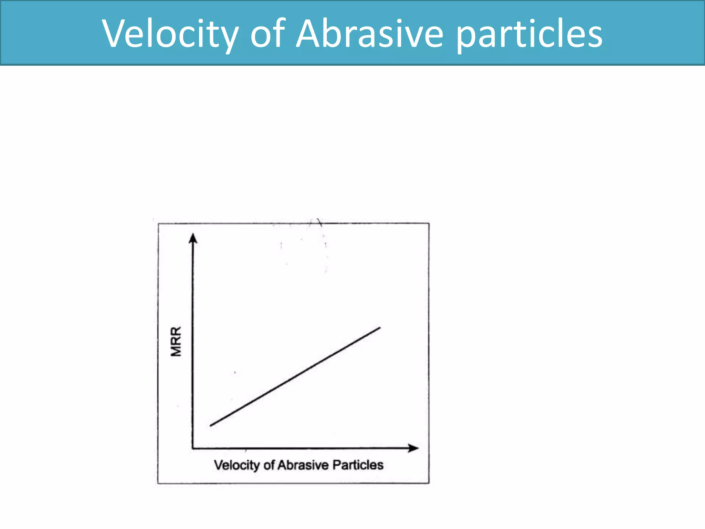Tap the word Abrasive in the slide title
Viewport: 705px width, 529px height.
coord(370,34)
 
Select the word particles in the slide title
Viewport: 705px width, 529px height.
coord(529,34)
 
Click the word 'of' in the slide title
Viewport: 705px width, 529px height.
coord(268,34)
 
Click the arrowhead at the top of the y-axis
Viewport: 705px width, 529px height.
coord(193,238)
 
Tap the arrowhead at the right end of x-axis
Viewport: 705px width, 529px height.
coord(413,448)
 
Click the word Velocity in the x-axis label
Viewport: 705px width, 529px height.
coord(237,465)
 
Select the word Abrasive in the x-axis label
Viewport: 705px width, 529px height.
coord(303,465)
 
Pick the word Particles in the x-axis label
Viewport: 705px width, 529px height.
coord(358,465)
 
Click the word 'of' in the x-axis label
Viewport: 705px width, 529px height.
coord(269,465)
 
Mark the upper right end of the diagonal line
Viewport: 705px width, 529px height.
coord(380,328)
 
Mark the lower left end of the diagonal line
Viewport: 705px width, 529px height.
coord(211,426)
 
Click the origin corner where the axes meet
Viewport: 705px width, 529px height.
coord(192,448)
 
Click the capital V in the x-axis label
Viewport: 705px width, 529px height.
coord(218,465)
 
